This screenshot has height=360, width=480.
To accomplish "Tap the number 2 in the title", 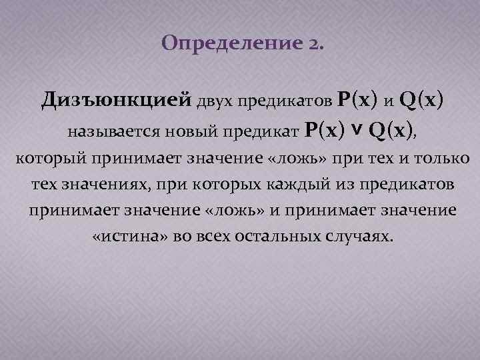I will pos(314,44).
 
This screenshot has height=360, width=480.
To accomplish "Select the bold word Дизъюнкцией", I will pos(117,100).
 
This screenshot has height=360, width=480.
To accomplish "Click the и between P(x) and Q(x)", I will pos(388,101).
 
